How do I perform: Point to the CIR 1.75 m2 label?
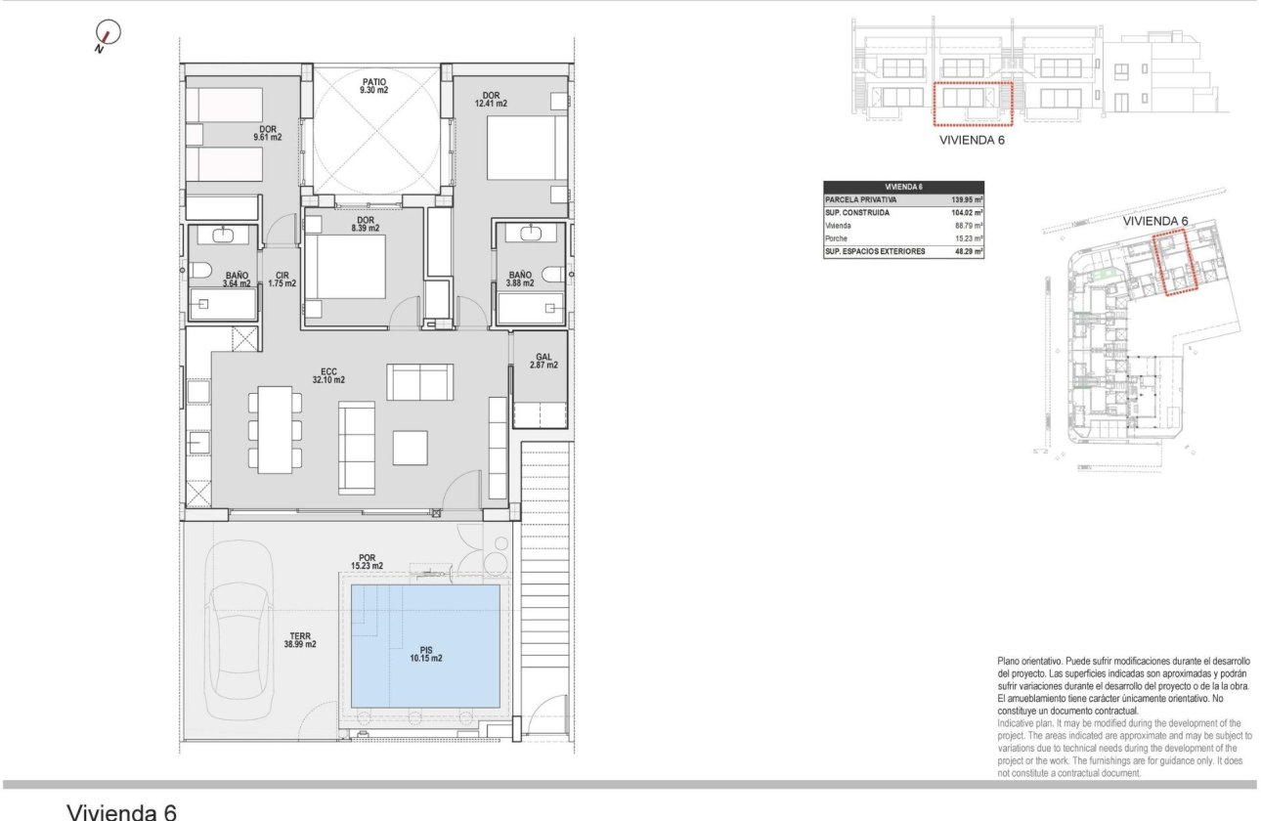[283, 279]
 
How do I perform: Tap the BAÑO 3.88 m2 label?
[520, 280]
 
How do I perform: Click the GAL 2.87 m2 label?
[545, 361]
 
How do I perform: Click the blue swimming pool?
[425, 645]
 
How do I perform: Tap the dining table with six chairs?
[275, 430]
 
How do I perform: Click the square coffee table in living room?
[410, 448]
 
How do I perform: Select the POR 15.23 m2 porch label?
[368, 561]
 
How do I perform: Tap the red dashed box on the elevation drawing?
[971, 105]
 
